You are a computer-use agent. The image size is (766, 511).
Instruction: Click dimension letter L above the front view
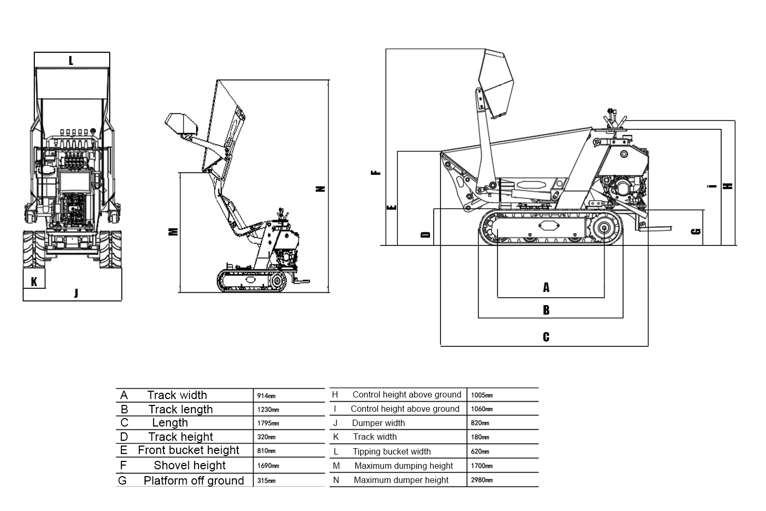click(x=71, y=61)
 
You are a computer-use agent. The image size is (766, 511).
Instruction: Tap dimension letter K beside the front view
click(x=34, y=281)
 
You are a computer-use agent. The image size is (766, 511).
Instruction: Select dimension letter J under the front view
click(x=76, y=293)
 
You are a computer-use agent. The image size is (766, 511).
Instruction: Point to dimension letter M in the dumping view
click(x=173, y=231)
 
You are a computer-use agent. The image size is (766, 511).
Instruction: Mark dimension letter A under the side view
click(x=546, y=288)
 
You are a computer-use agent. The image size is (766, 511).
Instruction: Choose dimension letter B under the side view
click(x=546, y=310)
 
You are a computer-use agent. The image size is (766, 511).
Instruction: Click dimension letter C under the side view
click(x=546, y=337)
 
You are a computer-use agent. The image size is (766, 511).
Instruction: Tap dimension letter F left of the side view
click(x=376, y=172)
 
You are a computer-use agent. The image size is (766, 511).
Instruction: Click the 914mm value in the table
click(x=266, y=396)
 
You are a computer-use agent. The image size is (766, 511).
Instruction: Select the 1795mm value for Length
click(x=268, y=423)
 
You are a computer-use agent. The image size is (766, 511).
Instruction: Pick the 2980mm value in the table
click(x=482, y=480)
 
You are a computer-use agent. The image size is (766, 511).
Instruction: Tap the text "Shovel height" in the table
click(x=189, y=465)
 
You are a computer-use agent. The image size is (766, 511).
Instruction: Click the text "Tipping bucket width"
click(x=391, y=451)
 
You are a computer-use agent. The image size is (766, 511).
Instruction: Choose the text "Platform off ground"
click(x=194, y=480)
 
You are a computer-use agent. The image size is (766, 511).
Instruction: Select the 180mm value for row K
click(x=480, y=437)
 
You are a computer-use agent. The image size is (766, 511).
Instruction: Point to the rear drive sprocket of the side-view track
click(x=602, y=229)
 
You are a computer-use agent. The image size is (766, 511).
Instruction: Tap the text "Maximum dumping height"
click(x=404, y=466)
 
